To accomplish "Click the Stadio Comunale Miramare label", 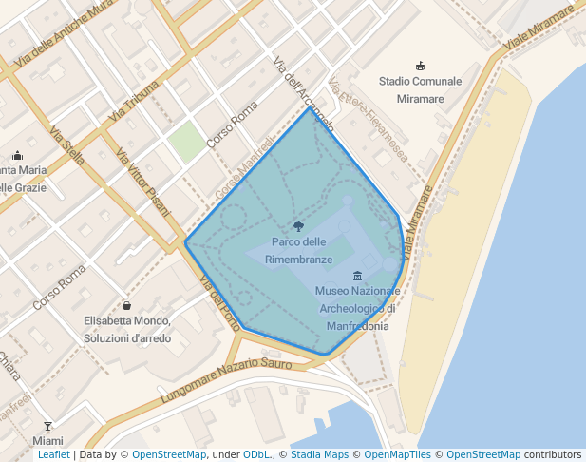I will point(420,89).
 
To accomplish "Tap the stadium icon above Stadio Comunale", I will point(421,66).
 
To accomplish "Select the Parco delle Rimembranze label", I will point(299,250).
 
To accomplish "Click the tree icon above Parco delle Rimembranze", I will point(299,226).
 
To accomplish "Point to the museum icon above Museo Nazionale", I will point(357,276).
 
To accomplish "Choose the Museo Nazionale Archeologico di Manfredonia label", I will point(357,307).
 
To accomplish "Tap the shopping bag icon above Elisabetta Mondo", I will point(127,306).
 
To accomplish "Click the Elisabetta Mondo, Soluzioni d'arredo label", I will point(127,330).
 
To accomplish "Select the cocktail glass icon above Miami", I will point(47,426).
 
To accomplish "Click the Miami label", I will point(47,441).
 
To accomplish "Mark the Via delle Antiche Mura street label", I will point(59,40).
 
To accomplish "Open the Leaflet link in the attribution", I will point(53,455).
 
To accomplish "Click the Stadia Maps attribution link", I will point(318,455).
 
